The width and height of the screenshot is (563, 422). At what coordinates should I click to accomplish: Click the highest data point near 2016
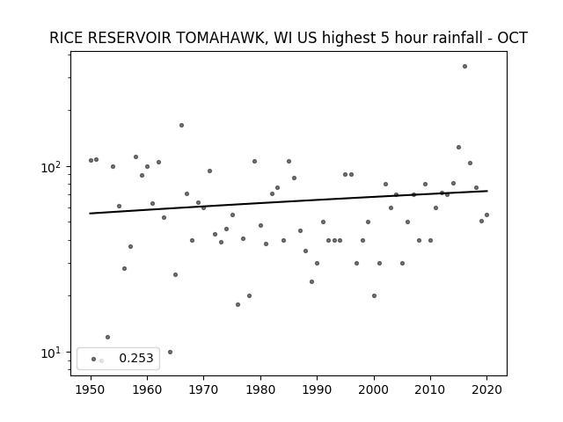pos(464,67)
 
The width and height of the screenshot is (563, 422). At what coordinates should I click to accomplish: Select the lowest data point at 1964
pos(170,352)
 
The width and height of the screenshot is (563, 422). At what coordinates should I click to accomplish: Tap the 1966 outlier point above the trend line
pos(182,125)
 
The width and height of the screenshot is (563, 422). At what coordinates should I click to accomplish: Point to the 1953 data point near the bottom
pos(107,337)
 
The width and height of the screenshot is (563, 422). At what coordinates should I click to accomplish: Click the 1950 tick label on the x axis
pos(91,389)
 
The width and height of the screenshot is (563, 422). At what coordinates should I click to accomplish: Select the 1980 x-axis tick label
pos(260,389)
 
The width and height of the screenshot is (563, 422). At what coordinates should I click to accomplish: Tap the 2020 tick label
pos(486,389)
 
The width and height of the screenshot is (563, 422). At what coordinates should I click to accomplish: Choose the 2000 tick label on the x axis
pos(374,389)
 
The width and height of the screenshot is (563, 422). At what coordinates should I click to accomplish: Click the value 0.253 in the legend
pos(136,358)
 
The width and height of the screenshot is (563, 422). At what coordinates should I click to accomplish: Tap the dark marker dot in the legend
pos(94,359)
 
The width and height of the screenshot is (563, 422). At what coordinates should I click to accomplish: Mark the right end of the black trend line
pos(487,191)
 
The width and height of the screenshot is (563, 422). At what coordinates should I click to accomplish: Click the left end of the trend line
pos(90,214)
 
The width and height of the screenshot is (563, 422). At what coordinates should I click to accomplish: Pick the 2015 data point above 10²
pos(458,147)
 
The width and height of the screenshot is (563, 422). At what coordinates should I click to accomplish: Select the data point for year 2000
pos(374,295)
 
